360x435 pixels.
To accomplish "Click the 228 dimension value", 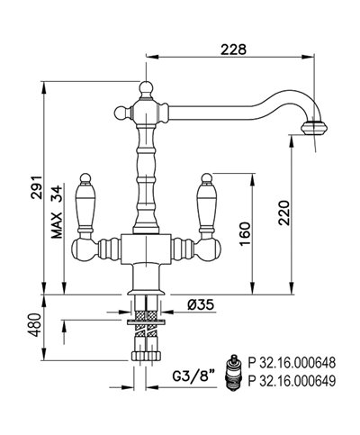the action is coord(233,50).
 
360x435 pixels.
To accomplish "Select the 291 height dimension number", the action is coord(37,187).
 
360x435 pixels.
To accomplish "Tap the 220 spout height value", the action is coord(284,213).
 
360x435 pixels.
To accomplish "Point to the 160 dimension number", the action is coord(245,233).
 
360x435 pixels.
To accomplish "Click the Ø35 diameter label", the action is coord(201,304).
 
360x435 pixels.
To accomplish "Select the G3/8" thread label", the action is coord(194,376).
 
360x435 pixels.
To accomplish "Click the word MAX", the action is coord(57,225).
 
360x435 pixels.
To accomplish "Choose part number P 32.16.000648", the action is coord(292,363).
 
